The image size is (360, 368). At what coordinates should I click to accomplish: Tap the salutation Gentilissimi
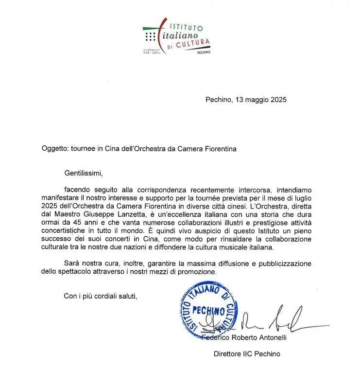tap(84, 172)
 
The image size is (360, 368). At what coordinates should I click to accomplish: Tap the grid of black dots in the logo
tap(151, 36)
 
